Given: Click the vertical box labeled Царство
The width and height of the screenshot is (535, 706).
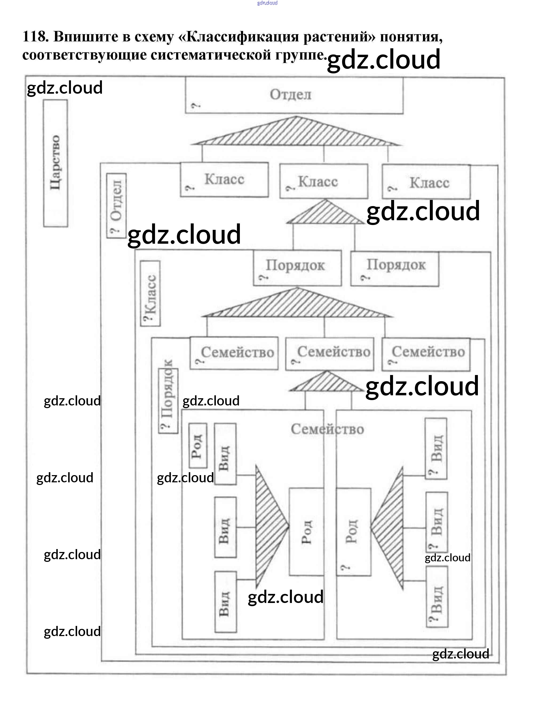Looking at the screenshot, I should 56,163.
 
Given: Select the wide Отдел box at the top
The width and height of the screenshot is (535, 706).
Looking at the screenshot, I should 294,96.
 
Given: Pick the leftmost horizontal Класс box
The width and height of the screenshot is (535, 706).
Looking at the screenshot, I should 224,180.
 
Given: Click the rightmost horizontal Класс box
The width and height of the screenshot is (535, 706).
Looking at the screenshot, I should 426,182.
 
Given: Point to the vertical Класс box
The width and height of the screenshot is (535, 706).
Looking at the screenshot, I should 150,293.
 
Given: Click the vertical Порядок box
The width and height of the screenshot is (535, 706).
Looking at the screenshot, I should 168,401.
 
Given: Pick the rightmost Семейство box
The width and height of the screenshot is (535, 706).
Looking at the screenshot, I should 426,354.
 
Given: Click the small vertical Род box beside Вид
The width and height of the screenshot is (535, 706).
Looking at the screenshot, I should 197,445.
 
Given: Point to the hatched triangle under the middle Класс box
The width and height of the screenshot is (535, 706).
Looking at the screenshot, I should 325,213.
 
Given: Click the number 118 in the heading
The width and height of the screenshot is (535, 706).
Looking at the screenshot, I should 35,36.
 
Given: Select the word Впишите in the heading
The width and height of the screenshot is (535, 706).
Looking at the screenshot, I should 85,36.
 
